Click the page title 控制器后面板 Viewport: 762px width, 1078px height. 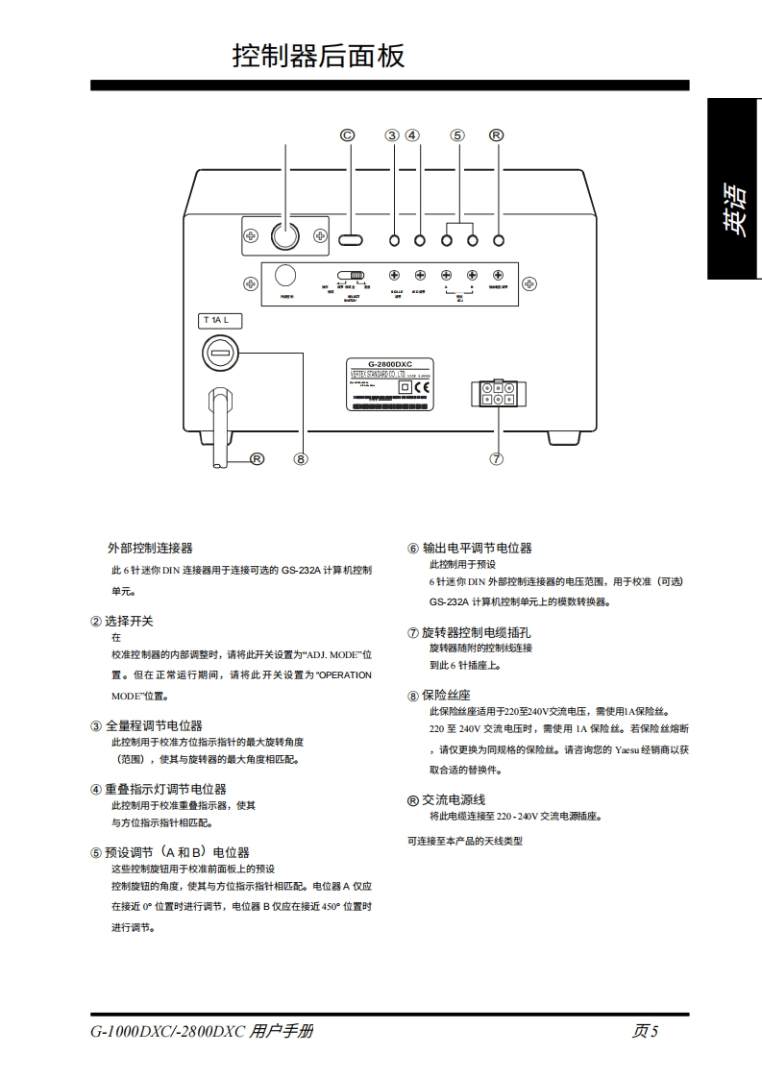[x=318, y=56]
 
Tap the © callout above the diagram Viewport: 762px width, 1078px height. [x=348, y=135]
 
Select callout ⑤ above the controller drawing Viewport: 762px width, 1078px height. [x=457, y=135]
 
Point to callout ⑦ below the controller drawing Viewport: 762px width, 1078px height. [x=496, y=458]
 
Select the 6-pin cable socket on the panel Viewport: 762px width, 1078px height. [x=495, y=394]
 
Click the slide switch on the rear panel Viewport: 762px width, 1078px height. [x=352, y=275]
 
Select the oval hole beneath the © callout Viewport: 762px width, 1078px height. [x=351, y=239]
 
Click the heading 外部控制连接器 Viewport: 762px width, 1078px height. [x=150, y=548]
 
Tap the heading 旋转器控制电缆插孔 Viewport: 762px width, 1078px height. [x=476, y=632]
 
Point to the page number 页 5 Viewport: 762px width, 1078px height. [x=645, y=1032]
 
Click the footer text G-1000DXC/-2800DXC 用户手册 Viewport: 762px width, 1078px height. [x=202, y=1032]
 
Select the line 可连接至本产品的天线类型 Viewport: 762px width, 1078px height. [x=465, y=841]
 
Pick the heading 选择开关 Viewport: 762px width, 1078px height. [x=129, y=621]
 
